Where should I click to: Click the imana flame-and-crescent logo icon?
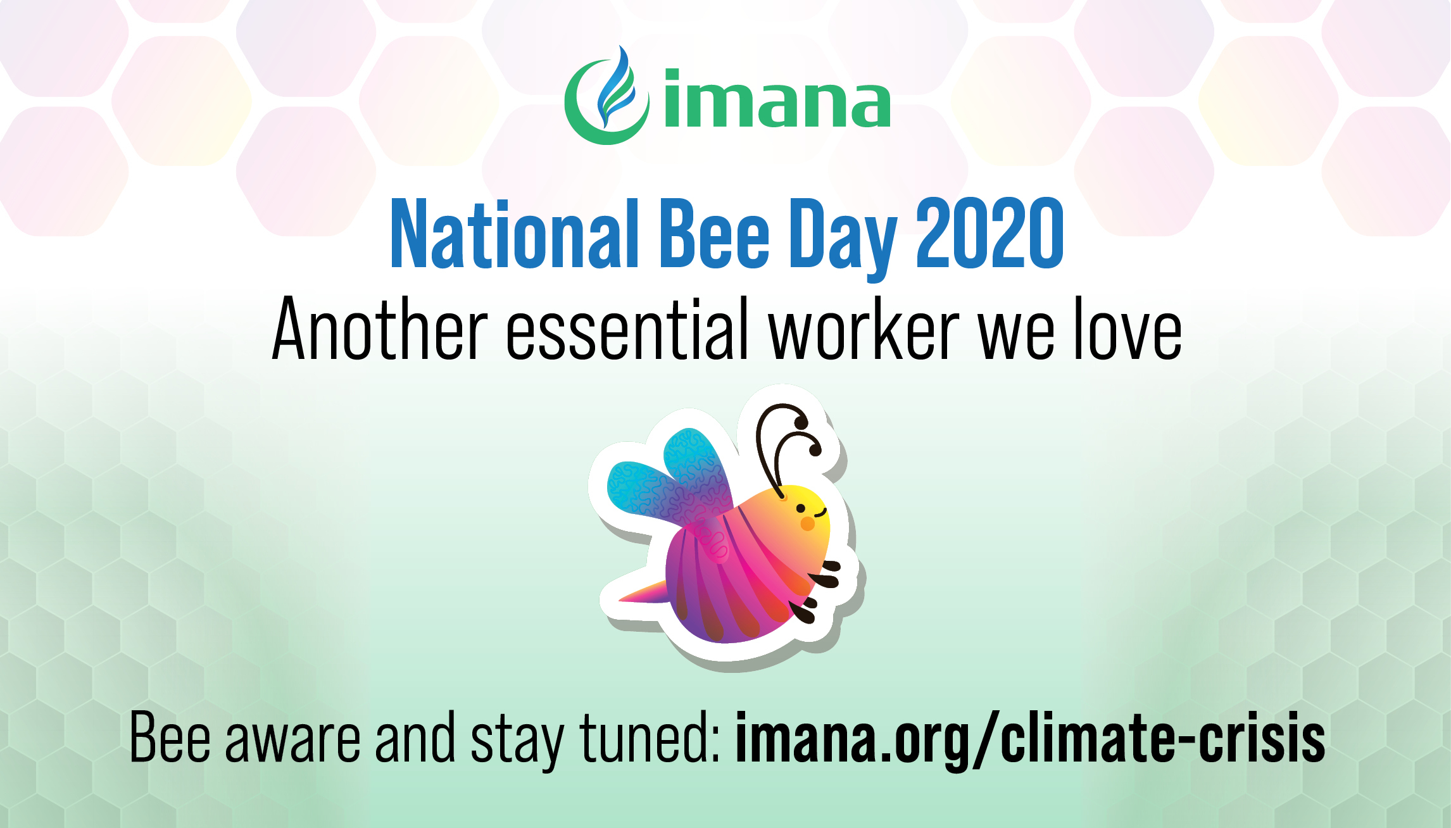click(x=606, y=96)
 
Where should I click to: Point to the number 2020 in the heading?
click(x=989, y=233)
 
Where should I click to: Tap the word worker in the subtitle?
click(x=864, y=329)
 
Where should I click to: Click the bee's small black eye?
click(x=801, y=508)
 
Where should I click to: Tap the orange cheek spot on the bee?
click(x=808, y=524)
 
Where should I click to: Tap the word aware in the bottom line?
click(x=292, y=738)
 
